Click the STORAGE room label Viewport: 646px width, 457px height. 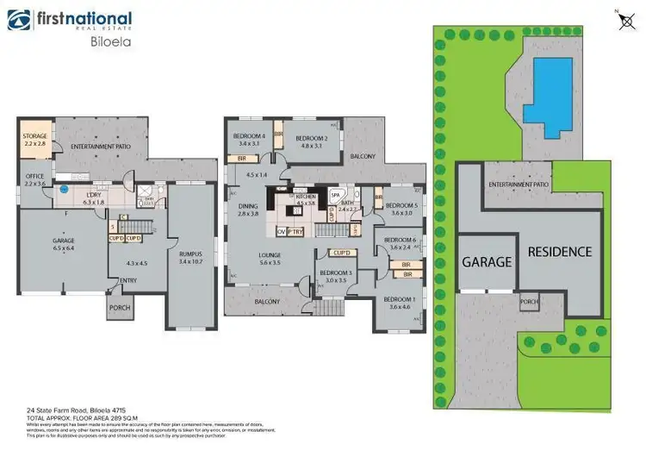click(35, 139)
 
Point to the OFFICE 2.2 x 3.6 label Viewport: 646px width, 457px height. click(34, 179)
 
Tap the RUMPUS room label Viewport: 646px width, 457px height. click(190, 256)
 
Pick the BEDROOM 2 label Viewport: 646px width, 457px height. click(312, 141)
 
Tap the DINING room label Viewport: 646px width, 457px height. click(247, 208)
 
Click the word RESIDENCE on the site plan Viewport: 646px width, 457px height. click(560, 252)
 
